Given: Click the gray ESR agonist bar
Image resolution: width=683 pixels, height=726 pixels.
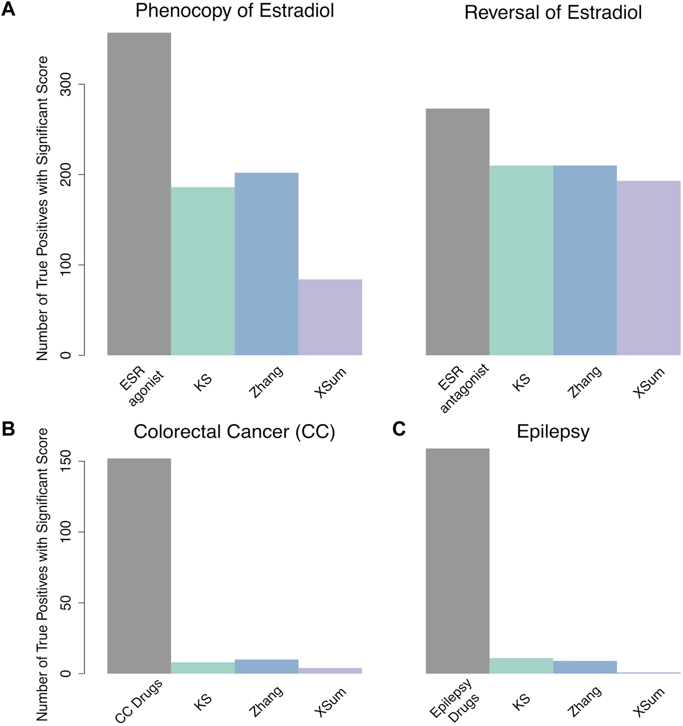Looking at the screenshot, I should [139, 193].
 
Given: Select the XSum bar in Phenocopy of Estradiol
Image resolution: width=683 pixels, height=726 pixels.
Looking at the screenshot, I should [330, 317].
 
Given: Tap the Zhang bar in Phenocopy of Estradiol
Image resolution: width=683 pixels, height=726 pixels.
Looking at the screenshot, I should [267, 264].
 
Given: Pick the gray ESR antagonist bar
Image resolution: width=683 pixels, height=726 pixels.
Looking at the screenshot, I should [457, 232].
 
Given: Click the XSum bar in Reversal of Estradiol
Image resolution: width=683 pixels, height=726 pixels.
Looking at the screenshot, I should [649, 268].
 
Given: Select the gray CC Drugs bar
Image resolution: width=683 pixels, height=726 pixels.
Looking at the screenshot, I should [139, 566].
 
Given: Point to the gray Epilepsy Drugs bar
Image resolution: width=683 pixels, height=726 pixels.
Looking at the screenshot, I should [457, 561].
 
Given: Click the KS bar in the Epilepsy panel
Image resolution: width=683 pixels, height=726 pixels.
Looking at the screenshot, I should [521, 666].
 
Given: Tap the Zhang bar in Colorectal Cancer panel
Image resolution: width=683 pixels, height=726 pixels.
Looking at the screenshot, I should [267, 666].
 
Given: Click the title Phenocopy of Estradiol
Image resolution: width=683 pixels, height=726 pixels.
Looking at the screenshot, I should [235, 11].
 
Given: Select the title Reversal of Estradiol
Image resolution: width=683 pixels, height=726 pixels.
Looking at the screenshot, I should [553, 13].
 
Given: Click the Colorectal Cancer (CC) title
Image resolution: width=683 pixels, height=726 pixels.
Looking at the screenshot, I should [234, 432].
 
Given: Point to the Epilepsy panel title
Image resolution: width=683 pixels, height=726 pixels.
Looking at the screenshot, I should [553, 432].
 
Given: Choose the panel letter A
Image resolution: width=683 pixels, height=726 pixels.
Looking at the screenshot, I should [8, 10].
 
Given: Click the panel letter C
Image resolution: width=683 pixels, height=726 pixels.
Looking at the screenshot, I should [399, 429].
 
